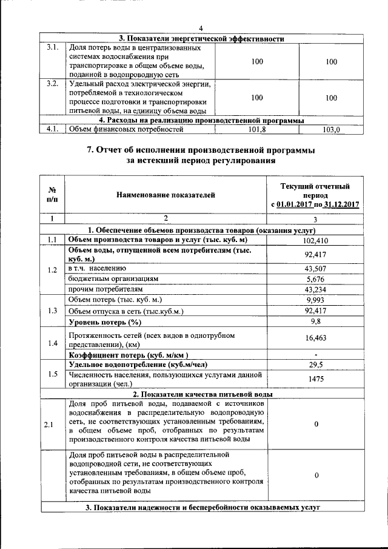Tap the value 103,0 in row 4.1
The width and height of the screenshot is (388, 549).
pos(331,129)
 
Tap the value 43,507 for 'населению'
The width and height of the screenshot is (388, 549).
pos(315,269)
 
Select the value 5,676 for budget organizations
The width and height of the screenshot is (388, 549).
pos(315,279)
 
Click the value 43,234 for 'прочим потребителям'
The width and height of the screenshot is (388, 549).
pos(315,289)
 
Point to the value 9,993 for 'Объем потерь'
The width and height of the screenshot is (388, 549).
pos(315,300)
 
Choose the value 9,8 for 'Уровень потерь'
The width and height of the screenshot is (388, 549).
pos(315,321)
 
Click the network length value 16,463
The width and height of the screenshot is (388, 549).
pos(315,340)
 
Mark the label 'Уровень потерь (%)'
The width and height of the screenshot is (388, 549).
pos(105,322)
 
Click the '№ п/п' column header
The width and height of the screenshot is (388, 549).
pos(52,195)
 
